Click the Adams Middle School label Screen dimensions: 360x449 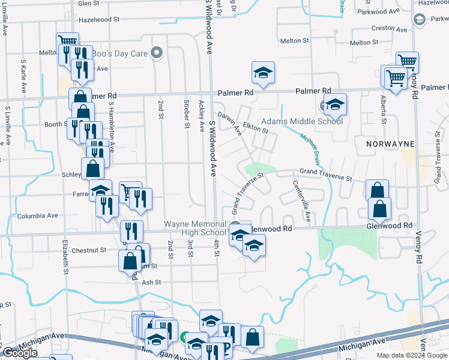tap(302, 121)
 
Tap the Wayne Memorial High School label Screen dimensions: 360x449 tap(195, 229)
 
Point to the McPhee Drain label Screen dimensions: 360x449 tap(309, 148)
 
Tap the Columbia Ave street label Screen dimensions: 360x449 tap(37, 215)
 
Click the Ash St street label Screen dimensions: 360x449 tap(151, 282)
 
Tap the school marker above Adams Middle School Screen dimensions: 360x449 tap(336, 103)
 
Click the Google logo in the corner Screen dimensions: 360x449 tap(20, 353)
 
